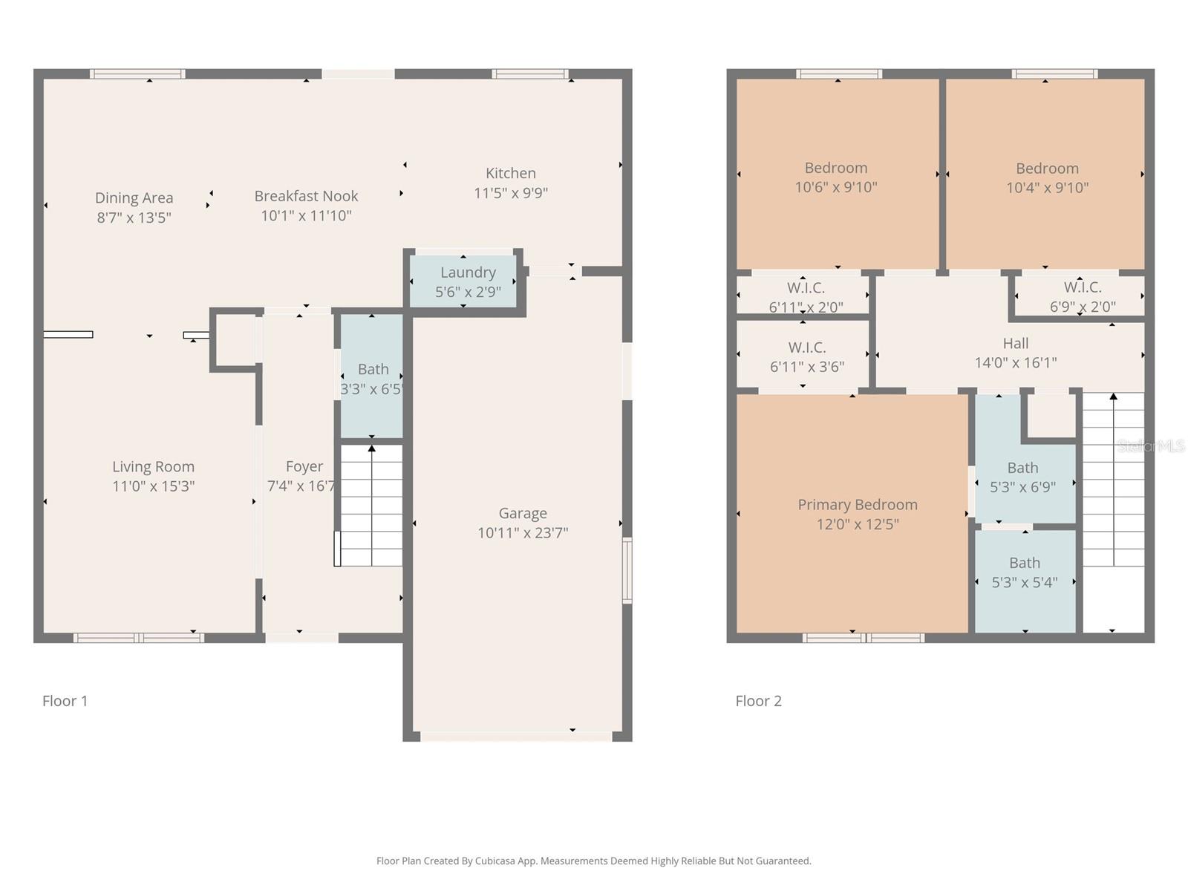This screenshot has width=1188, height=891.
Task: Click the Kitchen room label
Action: click(510, 173)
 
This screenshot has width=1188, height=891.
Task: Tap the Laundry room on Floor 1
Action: click(467, 281)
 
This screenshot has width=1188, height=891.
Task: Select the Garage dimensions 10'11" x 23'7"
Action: click(523, 532)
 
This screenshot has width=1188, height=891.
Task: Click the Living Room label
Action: click(153, 466)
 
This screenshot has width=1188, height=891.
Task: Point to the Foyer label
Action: click(304, 466)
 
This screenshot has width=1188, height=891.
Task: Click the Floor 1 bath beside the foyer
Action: click(372, 378)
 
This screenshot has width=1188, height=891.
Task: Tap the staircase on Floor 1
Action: click(371, 505)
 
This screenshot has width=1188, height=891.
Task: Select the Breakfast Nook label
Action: click(306, 196)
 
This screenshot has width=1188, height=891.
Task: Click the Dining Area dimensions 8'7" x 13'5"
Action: click(134, 218)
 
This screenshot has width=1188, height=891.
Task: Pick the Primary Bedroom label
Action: click(857, 505)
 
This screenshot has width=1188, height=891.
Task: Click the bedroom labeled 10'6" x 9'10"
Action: click(836, 177)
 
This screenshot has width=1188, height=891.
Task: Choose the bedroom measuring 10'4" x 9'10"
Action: click(1047, 177)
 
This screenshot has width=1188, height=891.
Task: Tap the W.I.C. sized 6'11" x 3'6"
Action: click(806, 357)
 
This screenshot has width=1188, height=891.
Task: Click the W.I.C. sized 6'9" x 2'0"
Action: click(1082, 296)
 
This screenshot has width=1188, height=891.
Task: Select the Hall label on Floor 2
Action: click(1015, 343)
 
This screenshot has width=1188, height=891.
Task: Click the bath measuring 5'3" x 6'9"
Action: click(1022, 477)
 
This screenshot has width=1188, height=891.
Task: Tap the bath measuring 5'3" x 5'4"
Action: click(1024, 572)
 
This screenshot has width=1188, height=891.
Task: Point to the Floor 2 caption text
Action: click(758, 701)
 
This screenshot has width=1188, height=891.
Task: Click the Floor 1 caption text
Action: click(65, 701)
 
